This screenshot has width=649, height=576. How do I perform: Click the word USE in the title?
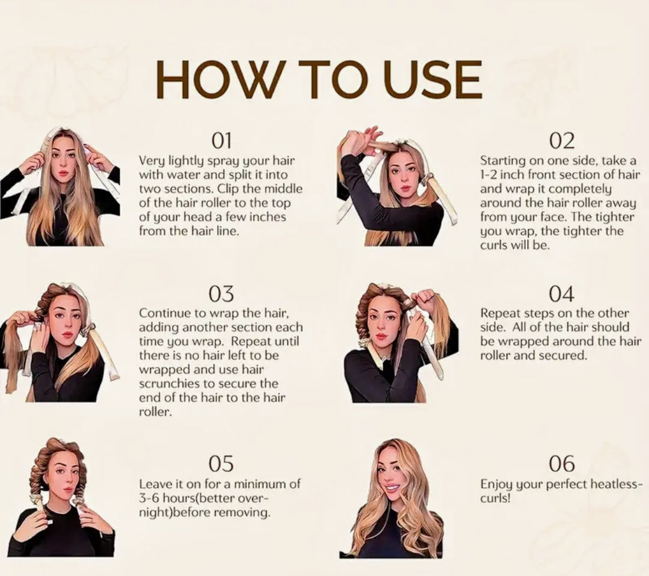(433, 79)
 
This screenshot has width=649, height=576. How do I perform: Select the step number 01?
(221, 141)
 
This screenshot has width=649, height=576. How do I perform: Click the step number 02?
(562, 141)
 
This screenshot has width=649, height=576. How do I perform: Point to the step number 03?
(221, 295)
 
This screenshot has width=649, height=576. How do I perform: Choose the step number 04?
(562, 295)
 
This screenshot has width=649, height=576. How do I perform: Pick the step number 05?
(221, 464)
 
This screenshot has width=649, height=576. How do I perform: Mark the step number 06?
(562, 464)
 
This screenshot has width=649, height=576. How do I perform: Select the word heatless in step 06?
(615, 484)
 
